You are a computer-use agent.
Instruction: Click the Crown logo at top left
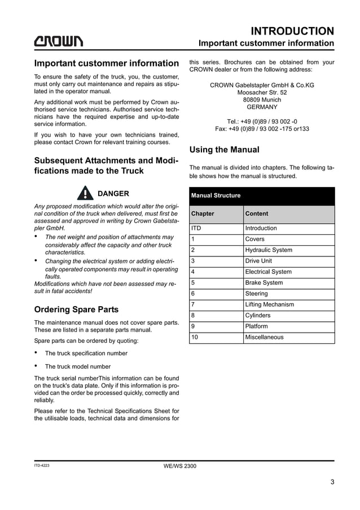[x=59, y=41]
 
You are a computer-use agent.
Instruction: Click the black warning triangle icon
[x=85, y=193]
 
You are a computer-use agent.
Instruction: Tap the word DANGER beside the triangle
[x=113, y=193]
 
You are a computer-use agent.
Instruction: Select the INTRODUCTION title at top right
[x=292, y=30]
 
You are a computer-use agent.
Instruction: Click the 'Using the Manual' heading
[x=225, y=150]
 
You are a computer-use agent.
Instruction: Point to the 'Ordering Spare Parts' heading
[x=76, y=310]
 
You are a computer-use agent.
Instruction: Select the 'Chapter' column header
[x=203, y=214]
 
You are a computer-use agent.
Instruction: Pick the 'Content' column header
[x=257, y=214]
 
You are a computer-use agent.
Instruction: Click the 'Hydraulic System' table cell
[x=269, y=250]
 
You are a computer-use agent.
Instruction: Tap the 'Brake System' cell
[x=264, y=283]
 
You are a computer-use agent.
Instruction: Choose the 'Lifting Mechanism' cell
[x=269, y=304]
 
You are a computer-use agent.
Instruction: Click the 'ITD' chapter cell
[x=196, y=228]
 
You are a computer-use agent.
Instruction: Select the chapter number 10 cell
[x=195, y=337]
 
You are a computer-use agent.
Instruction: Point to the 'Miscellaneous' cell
[x=265, y=337]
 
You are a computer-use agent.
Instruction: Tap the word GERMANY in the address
[x=262, y=107]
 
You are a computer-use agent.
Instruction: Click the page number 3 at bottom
[x=333, y=482]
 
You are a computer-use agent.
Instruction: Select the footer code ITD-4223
[x=42, y=465]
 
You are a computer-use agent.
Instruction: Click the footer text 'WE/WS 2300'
[x=180, y=465]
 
